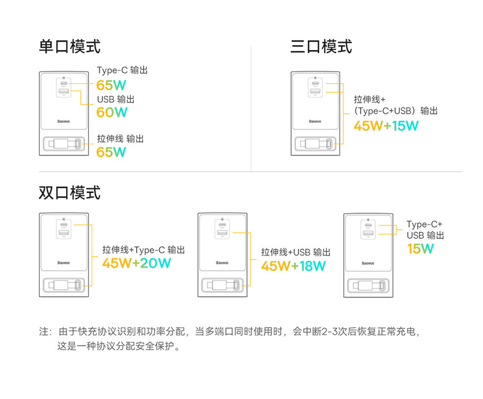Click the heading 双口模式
tap(70, 192)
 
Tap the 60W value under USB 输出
tap(112, 112)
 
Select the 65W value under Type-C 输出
tap(111, 85)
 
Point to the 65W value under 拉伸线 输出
tap(111, 152)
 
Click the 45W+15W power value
tap(386, 126)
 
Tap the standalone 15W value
tap(420, 249)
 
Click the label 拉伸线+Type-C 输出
tap(143, 249)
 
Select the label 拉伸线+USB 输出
tap(296, 252)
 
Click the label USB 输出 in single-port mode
tap(116, 99)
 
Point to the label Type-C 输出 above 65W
tap(122, 70)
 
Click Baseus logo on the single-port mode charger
tap(64, 122)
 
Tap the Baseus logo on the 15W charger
tap(368, 263)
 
